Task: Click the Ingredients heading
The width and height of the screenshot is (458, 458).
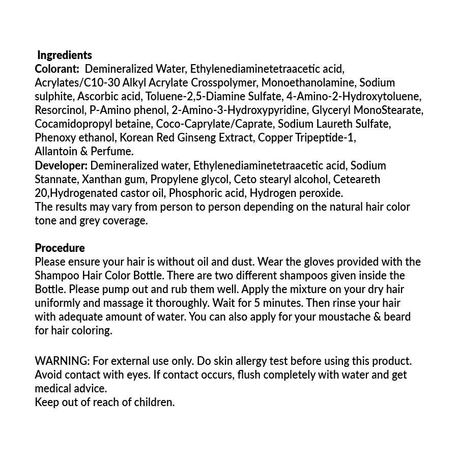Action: pos(65,55)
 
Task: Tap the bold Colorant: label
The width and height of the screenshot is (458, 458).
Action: pos(57,69)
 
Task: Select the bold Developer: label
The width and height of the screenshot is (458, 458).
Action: pos(61,165)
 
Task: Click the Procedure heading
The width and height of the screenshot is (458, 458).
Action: pos(60,248)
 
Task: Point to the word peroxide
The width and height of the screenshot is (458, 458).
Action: pos(322,193)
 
